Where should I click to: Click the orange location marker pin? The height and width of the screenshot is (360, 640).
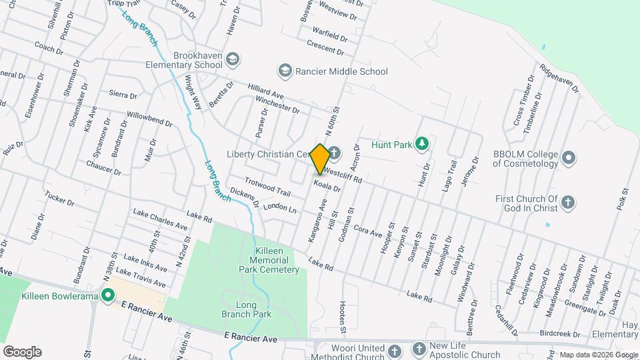tap(320, 157)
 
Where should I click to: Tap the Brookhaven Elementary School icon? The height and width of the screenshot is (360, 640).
tap(232, 60)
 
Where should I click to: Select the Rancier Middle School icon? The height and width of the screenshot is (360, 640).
tap(285, 71)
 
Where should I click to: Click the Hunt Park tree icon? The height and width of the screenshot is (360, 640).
tap(421, 143)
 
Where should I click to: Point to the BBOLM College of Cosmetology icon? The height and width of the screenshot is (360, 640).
tap(568, 159)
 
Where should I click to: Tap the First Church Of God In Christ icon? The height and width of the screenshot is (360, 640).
tap(567, 202)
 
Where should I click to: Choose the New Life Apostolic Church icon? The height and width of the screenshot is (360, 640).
tap(419, 348)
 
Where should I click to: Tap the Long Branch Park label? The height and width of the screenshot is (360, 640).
tap(255, 309)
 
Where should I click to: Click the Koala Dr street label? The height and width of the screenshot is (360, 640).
tap(327, 186)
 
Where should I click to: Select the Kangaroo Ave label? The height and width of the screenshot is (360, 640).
tap(315, 219)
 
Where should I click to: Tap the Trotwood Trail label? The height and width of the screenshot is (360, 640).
tap(267, 187)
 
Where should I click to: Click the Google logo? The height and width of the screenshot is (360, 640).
tap(22, 351)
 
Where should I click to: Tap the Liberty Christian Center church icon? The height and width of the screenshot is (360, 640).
tap(333, 155)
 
